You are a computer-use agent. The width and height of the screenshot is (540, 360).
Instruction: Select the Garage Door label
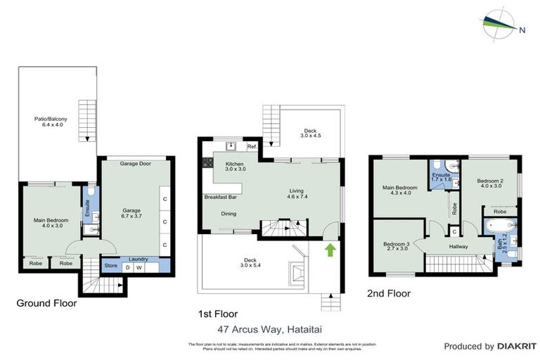point(135,163)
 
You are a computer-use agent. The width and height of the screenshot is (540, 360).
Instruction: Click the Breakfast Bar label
point(219,197)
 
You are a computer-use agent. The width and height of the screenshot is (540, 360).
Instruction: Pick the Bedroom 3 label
point(398,247)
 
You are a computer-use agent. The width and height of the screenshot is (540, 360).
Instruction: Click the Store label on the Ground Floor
point(110,266)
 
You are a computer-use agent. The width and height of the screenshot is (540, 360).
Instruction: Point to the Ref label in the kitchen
point(252,147)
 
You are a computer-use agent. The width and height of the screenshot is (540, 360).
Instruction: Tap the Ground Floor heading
point(47,304)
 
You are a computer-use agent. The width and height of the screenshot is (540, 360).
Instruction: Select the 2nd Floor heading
point(390,293)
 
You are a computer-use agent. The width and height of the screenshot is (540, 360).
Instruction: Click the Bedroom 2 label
point(489,183)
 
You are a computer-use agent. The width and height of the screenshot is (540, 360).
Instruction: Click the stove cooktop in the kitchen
point(207,162)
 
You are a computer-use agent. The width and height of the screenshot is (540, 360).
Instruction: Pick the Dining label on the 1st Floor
point(229,214)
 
